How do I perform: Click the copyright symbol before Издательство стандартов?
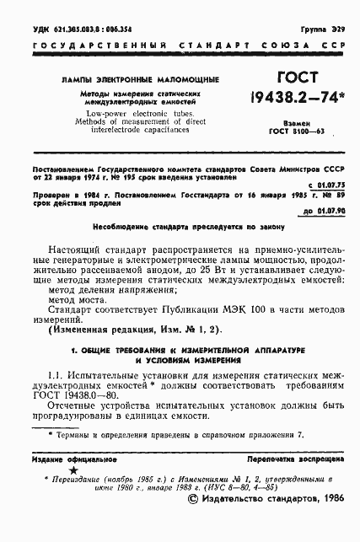[195, 523]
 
